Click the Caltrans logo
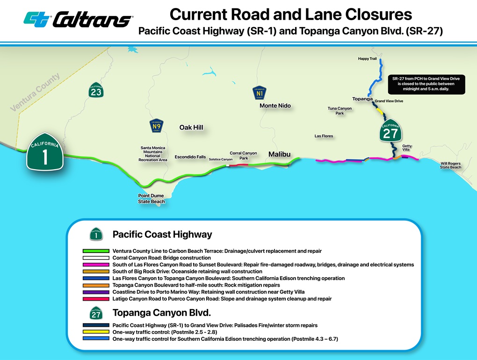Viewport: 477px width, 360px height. pos(78,19)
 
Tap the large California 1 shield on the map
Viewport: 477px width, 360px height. pos(45,153)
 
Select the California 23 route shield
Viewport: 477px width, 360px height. pos(96,90)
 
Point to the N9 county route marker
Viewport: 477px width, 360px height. pos(156,126)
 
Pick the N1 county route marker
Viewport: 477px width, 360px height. pos(260,93)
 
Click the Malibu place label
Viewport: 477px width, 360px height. pos(280,154)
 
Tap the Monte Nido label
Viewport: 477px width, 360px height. pos(275,106)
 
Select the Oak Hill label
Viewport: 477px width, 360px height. pos(191,127)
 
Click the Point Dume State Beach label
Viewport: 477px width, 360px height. pos(152,199)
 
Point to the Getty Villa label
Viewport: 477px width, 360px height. pos(407,148)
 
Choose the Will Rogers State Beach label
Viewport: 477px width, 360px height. pos(451,166)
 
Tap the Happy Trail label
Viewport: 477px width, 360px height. pos(367,58)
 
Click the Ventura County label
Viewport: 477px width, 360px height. pos(35,93)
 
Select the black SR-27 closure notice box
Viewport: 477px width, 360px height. pos(426,84)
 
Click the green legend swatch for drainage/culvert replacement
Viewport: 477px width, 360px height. pos(96,251)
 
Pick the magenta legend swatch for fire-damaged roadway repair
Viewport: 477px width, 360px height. pos(96,265)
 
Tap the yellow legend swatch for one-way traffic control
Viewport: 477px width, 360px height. pos(96,332)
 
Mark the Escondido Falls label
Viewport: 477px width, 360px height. pos(190,157)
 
